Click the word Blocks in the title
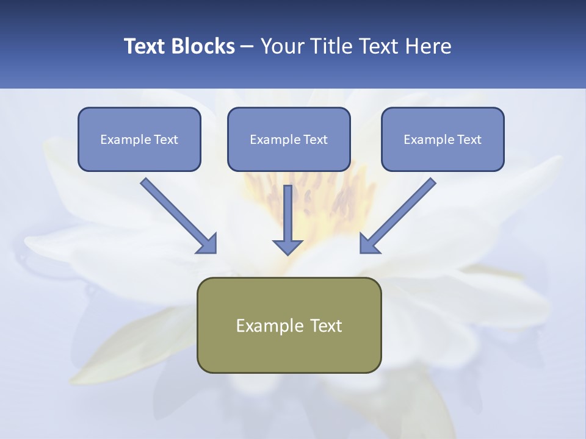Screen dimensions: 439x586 (203, 46)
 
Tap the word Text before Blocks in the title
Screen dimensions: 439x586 (145, 46)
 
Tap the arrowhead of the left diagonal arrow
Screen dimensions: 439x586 (208, 244)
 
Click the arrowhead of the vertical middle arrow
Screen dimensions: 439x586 (288, 247)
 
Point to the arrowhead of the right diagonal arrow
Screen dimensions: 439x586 (369, 244)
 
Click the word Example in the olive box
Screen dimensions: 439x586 (262, 326)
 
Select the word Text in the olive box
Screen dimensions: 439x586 (326, 326)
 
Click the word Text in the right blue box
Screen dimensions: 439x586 (469, 140)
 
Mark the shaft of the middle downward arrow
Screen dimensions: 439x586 (288, 210)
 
